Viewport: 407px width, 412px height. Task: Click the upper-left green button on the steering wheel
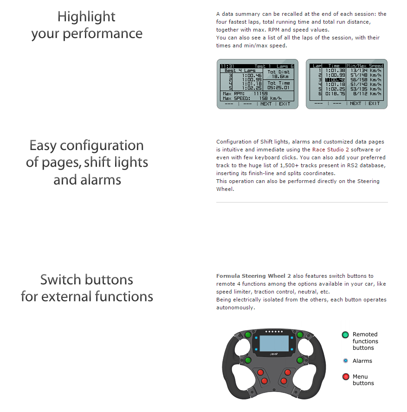coord(248,335)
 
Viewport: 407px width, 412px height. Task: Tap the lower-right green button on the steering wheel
coord(300,360)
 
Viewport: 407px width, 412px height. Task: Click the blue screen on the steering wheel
coord(274,344)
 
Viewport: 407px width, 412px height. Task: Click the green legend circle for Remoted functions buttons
coord(345,335)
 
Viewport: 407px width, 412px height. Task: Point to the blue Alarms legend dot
coord(345,361)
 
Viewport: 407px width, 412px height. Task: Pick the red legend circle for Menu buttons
coord(345,377)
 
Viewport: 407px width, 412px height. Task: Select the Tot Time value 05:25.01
coord(278,87)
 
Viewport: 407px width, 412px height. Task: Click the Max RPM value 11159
coord(260,93)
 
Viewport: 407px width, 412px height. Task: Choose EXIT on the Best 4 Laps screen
coord(284,104)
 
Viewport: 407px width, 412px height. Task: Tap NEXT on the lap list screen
coord(355,104)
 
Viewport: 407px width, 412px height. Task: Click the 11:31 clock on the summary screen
coord(227,66)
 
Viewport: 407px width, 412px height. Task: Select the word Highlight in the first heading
coord(86,17)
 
